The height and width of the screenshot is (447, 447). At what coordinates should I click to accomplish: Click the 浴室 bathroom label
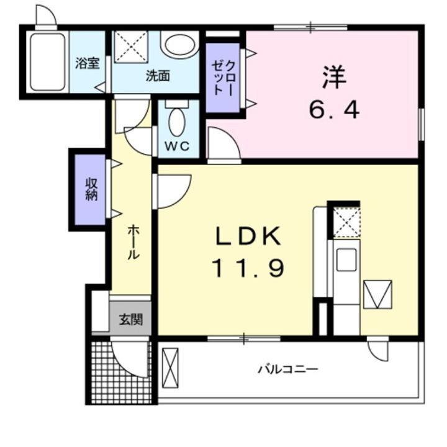pos(88,64)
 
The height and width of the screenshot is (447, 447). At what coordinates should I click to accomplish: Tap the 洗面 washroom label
pos(158,76)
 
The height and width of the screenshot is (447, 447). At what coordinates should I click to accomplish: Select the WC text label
pos(177,148)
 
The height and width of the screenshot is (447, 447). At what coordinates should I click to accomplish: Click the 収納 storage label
pos(91,189)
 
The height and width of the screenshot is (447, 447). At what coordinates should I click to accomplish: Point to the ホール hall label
pos(132,242)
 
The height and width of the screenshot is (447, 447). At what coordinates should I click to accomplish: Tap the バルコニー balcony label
pos(288,369)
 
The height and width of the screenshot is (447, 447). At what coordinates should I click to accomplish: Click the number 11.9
pos(248,268)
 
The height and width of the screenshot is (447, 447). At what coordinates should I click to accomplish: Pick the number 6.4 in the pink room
pos(334,110)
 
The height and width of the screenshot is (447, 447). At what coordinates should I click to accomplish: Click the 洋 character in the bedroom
pos(333,78)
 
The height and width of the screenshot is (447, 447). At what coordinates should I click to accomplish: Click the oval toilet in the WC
pos(178,122)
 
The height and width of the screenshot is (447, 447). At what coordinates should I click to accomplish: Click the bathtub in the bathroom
pos(47,61)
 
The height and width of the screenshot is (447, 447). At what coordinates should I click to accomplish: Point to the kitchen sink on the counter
pos(346,259)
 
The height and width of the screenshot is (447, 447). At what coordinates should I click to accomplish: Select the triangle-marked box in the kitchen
pos(378,294)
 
